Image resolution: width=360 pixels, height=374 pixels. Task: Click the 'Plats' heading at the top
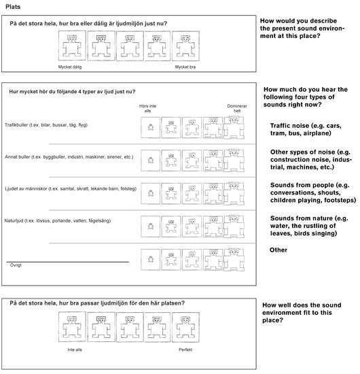coord(13,7)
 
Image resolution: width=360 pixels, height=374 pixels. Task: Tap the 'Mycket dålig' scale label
coord(70,67)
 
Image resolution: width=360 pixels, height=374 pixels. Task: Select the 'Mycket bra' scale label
coord(185,67)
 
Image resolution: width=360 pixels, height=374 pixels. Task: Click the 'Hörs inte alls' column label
coord(147,108)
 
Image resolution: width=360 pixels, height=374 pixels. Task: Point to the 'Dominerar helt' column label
coord(237,108)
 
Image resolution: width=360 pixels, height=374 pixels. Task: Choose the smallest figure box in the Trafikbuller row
coord(150,127)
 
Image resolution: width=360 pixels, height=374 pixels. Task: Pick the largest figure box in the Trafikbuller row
coord(234,128)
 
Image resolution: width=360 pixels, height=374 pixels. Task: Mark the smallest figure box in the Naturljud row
coord(150,226)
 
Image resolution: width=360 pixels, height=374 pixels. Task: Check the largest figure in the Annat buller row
coord(234,160)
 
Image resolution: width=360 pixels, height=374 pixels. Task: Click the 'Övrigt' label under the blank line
coord(16,265)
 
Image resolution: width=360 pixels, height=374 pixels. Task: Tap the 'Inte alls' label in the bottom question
coord(75,350)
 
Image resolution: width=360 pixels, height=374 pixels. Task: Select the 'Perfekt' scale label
coord(185,350)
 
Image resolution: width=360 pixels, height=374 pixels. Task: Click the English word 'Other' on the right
coord(278,250)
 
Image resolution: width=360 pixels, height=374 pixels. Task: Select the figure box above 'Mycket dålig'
coord(72,46)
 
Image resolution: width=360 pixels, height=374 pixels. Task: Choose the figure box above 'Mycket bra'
coord(185,46)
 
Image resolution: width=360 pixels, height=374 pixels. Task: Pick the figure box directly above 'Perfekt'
coord(185,327)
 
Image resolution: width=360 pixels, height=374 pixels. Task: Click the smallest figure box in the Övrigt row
coord(150,259)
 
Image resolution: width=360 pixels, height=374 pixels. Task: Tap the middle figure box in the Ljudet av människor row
coord(192,193)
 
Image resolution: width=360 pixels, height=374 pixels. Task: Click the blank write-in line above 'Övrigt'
coord(68,262)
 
